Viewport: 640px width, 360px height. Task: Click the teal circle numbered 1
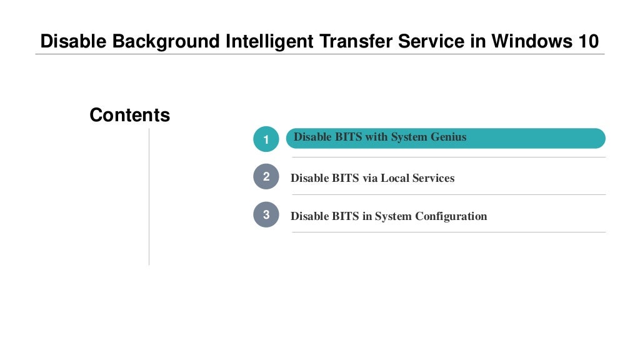point(266,139)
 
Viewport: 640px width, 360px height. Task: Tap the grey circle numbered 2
point(266,177)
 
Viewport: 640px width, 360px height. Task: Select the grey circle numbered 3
point(266,215)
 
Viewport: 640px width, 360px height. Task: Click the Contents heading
point(129,116)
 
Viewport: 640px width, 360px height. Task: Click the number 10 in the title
point(587,42)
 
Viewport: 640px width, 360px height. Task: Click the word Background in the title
point(166,42)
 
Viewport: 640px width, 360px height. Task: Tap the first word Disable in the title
point(74,42)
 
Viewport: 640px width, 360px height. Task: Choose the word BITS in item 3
point(346,216)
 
